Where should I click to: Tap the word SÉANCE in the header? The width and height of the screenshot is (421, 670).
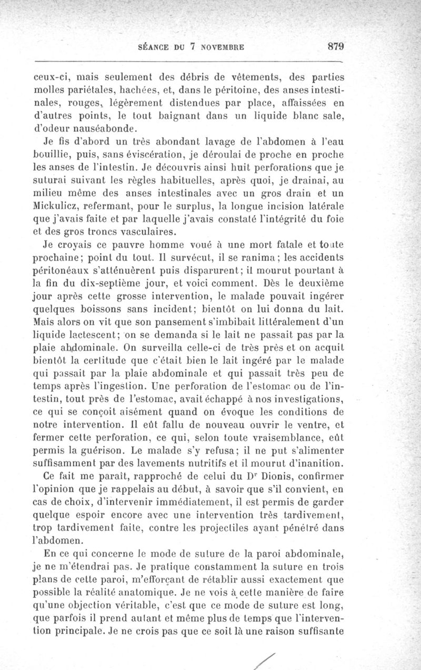coord(153,46)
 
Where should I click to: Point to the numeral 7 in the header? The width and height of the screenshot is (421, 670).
coord(193,46)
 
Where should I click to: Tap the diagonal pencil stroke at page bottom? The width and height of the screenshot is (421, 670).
coord(264,659)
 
